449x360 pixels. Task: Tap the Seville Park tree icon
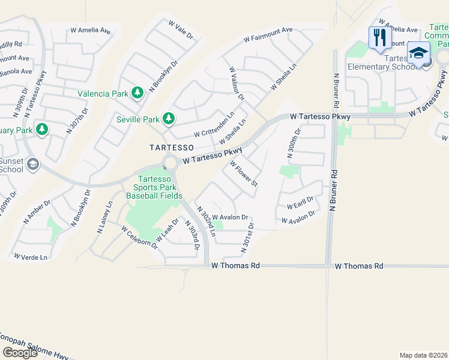[x=169, y=118]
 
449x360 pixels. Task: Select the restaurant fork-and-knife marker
[x=379, y=38]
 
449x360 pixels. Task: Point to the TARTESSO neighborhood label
[x=171, y=147]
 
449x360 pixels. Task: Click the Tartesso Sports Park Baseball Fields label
[x=159, y=187]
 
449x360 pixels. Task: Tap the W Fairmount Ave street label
[x=268, y=35]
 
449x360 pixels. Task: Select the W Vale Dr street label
[x=181, y=29]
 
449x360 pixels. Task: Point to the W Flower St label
[x=243, y=173]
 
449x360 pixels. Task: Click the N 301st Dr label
[x=247, y=237]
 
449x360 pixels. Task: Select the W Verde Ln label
[x=30, y=257]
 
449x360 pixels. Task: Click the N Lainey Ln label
[x=104, y=217]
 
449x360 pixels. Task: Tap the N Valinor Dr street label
[x=237, y=83]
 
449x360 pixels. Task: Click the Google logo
[x=20, y=353]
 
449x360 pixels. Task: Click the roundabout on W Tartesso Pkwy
[x=170, y=163]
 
